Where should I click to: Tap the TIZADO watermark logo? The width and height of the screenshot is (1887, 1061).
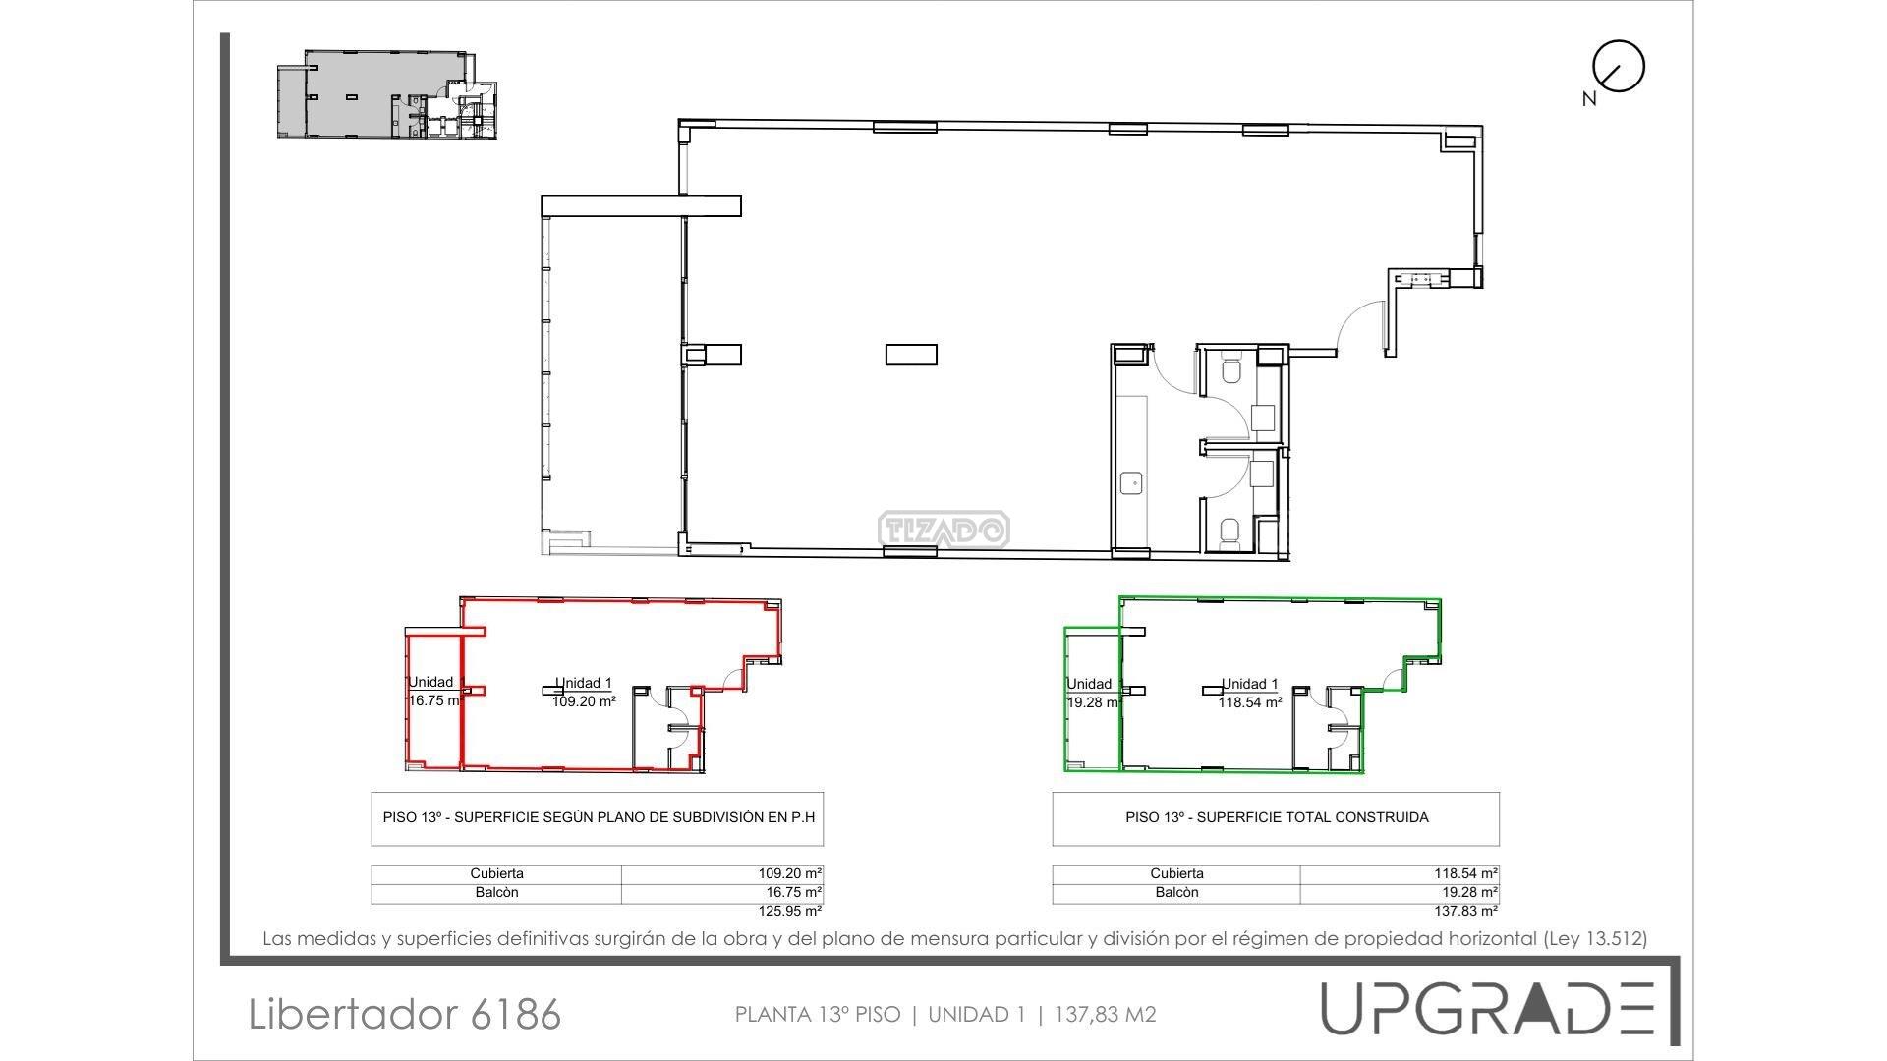[x=943, y=530]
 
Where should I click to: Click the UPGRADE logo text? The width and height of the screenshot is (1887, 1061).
[x=1487, y=1008]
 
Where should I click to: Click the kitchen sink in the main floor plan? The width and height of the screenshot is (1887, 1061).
[x=1132, y=482]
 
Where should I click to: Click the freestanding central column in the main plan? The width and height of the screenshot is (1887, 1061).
[x=911, y=354]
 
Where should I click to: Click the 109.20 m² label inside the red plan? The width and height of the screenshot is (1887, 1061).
[x=584, y=702]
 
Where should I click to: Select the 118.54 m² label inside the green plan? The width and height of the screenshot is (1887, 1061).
[x=1250, y=702]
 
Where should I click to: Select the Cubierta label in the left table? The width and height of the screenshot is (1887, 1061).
[x=496, y=873]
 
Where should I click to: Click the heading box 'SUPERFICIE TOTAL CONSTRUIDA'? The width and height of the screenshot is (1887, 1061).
[x=1276, y=818]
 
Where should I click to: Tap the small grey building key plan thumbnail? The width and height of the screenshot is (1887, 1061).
[x=387, y=95]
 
